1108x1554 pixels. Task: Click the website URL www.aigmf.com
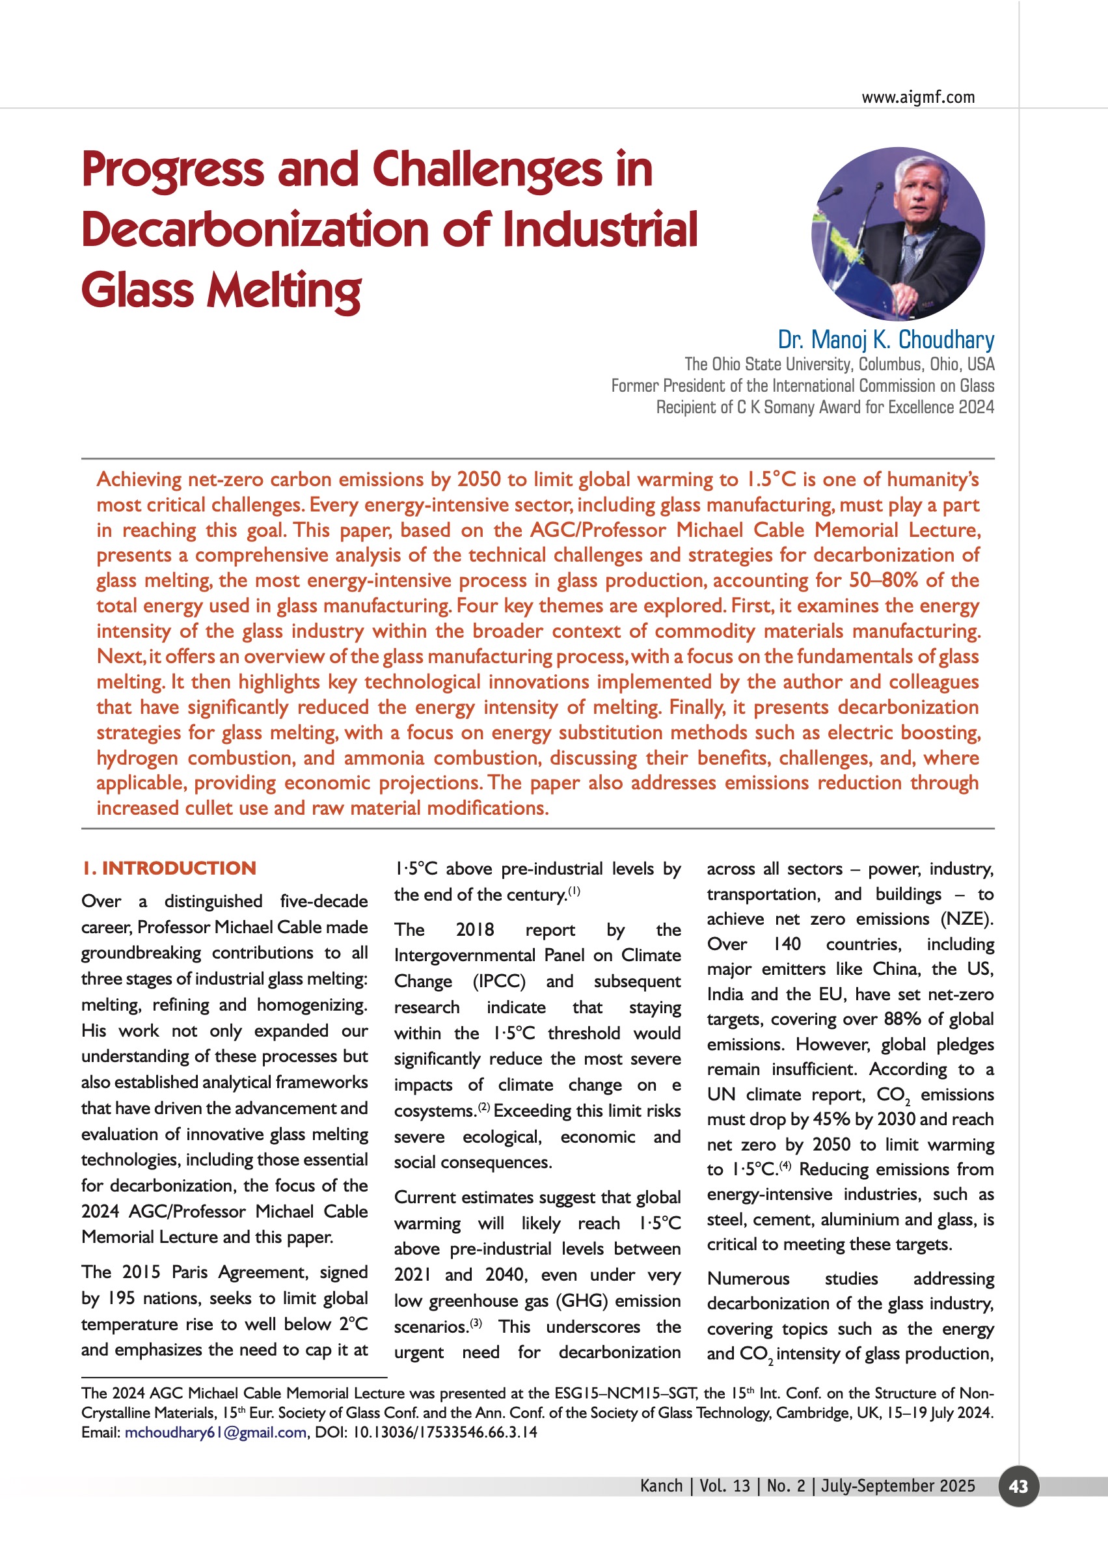pos(917,97)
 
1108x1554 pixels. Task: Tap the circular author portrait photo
pos(898,234)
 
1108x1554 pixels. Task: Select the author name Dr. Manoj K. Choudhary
pos(885,339)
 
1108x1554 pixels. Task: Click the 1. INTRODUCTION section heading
pos(169,868)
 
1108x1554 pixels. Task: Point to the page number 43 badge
pos(1018,1486)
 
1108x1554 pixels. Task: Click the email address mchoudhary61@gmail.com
pos(215,1432)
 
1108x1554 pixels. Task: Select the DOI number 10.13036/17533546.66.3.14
pos(444,1432)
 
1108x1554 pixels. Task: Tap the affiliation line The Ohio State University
pos(839,364)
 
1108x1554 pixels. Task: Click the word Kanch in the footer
pos(661,1486)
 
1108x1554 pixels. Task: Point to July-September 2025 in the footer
pos(898,1486)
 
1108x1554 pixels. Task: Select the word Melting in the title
pos(284,291)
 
